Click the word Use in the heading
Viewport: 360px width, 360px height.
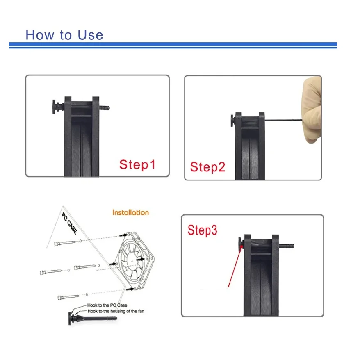(x=89, y=34)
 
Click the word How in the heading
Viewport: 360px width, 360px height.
(x=39, y=34)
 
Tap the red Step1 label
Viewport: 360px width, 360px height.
(x=137, y=165)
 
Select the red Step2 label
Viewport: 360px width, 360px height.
(x=207, y=167)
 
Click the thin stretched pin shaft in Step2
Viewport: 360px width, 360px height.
(x=283, y=120)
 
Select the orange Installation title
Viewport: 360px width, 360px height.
(x=130, y=212)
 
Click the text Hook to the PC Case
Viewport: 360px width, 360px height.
(x=107, y=305)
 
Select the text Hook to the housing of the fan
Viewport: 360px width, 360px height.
(x=115, y=311)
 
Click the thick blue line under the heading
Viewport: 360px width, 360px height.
(x=172, y=44)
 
